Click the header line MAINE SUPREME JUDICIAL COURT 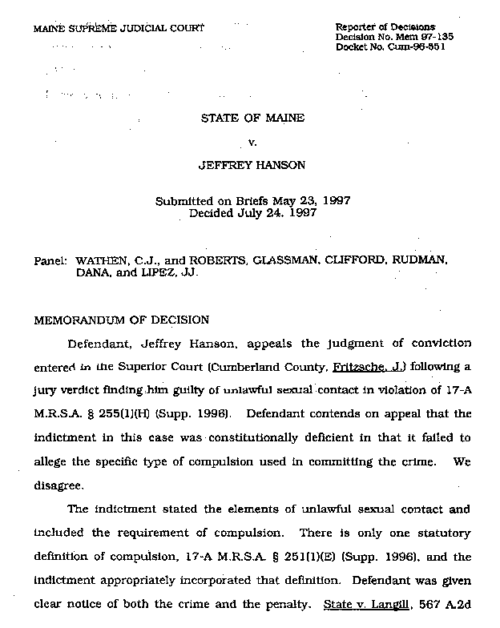pos(119,28)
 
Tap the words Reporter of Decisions pos(385,27)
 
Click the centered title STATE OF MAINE pos(252,119)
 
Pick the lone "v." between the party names pos(252,143)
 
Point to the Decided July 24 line pos(252,214)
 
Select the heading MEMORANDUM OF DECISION pos(120,320)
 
